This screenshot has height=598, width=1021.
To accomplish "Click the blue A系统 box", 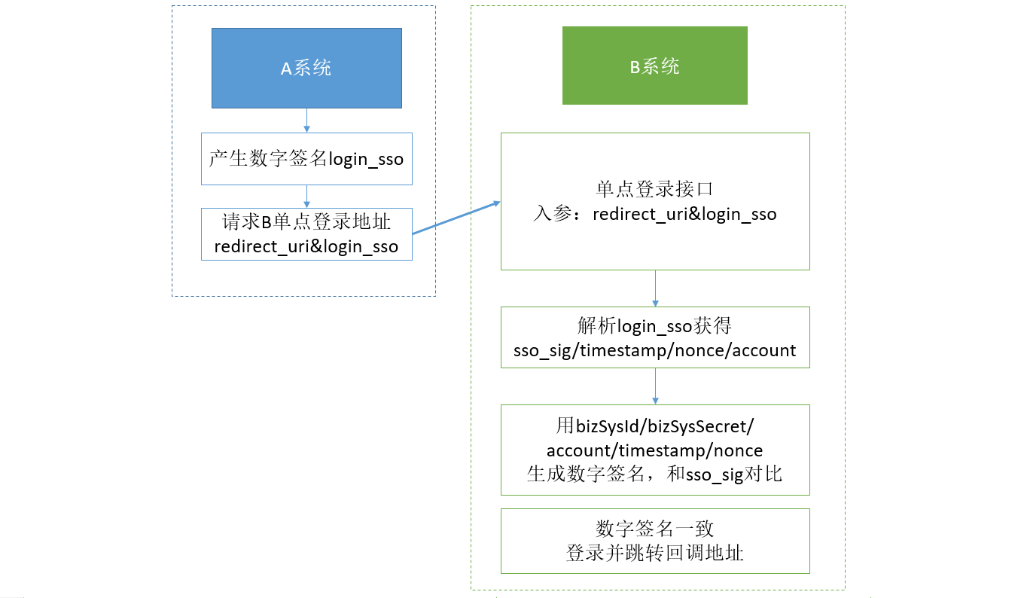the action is pos(306,68).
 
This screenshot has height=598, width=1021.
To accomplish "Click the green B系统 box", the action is pos(655,66).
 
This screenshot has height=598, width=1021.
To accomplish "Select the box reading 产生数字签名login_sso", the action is pos(306,159).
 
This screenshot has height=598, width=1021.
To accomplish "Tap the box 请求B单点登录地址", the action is pos(306,234).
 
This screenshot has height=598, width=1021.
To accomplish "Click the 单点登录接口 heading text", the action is pos(654,189).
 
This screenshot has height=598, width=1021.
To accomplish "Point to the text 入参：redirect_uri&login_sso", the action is pos(655,214).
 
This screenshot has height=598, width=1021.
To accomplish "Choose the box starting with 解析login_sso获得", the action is pos(655,337).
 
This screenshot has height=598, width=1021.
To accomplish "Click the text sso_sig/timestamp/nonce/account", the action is pos(654,350).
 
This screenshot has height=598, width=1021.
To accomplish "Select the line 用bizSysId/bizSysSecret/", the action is pos(655,426).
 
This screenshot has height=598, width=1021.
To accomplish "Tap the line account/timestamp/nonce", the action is pos(654,450).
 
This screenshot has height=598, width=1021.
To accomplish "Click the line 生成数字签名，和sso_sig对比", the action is pos(654,474).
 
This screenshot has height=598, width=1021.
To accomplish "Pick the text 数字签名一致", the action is pos(654,529).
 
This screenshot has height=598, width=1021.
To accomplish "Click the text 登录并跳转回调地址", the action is pos(654,553).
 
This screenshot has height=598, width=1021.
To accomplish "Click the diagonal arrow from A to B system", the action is pos(456,218).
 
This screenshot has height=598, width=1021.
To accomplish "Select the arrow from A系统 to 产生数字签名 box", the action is pos(306,121).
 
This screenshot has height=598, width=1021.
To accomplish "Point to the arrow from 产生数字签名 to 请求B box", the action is pos(306,197).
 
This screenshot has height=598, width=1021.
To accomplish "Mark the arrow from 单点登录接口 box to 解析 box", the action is pos(656,288).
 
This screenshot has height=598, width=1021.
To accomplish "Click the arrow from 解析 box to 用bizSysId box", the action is pos(656,386).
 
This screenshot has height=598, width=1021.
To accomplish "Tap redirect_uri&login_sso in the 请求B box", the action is pos(306,246).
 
